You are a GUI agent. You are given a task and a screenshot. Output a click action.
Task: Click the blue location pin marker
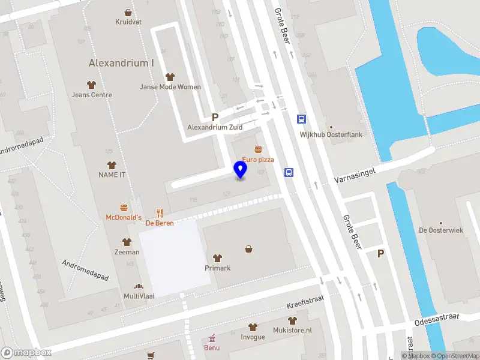tap(241, 170)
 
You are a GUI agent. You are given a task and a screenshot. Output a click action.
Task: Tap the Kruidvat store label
tap(128, 22)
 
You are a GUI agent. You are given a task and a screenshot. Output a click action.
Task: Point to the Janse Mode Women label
tap(170, 87)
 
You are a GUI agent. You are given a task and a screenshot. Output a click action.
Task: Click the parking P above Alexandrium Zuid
tap(214, 118)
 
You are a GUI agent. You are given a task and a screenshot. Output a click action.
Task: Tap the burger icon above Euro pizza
tap(258, 149)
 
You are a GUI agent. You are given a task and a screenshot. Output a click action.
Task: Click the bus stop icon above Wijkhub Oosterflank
tap(301, 119)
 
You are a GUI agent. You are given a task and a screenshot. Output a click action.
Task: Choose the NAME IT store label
tap(112, 174)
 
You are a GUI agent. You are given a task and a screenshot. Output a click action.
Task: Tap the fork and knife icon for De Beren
tap(160, 212)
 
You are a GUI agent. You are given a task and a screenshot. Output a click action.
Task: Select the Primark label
tap(218, 268)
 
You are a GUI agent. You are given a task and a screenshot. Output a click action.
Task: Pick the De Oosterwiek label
tap(441, 230)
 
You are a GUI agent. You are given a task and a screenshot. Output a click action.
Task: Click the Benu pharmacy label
tap(211, 347)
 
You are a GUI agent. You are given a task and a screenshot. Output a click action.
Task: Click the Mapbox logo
tap(26, 352)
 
